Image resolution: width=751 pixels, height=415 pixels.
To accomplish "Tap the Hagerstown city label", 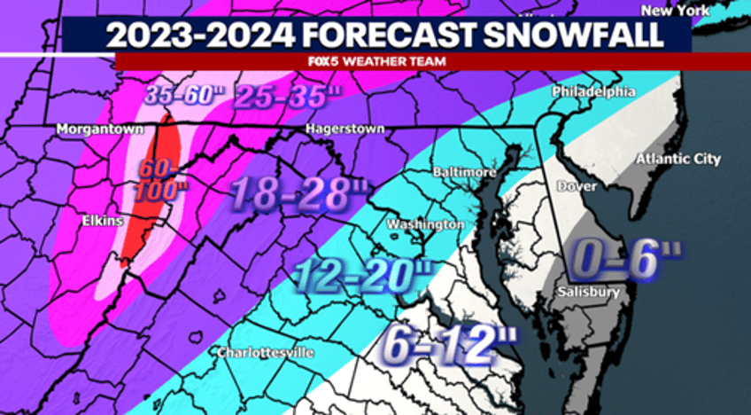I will pos(345,129).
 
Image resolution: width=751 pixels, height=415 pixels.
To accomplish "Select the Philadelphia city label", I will pos(593,91).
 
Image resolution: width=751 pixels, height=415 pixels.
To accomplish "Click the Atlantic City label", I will pos(678,159).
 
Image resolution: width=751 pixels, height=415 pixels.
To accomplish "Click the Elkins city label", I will pos(98,221).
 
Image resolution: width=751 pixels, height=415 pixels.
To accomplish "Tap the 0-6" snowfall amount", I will pos(626,259).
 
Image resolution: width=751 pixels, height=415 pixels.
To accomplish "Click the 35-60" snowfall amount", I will pos(183,95).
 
